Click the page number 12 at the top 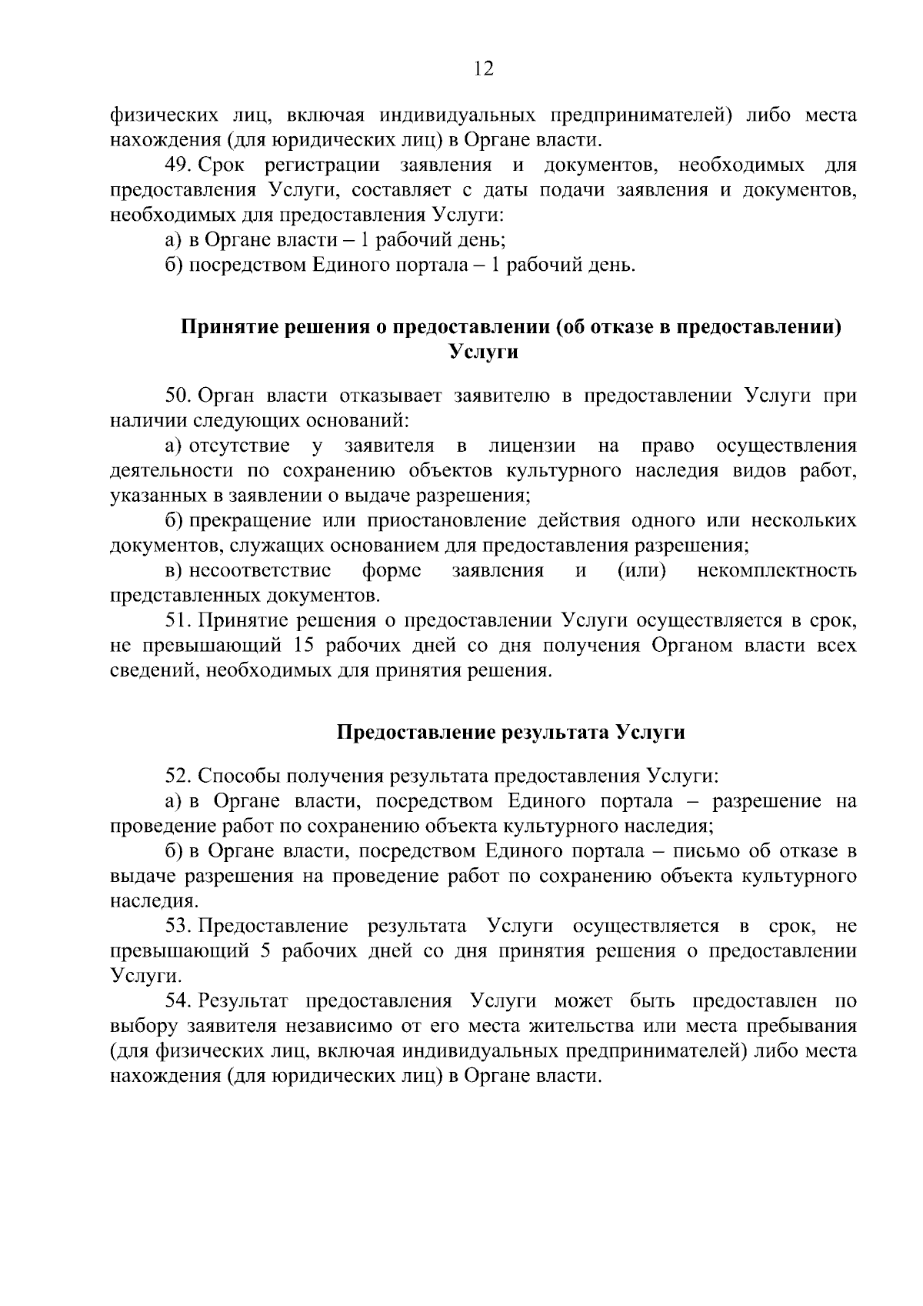pos(483,69)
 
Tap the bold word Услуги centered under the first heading pos(483,352)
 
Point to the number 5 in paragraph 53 pos(265,951)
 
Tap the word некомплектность pos(777,571)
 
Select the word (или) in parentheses pos(641,571)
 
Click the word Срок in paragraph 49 pos(222,165)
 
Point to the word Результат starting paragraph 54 pos(243,1001)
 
